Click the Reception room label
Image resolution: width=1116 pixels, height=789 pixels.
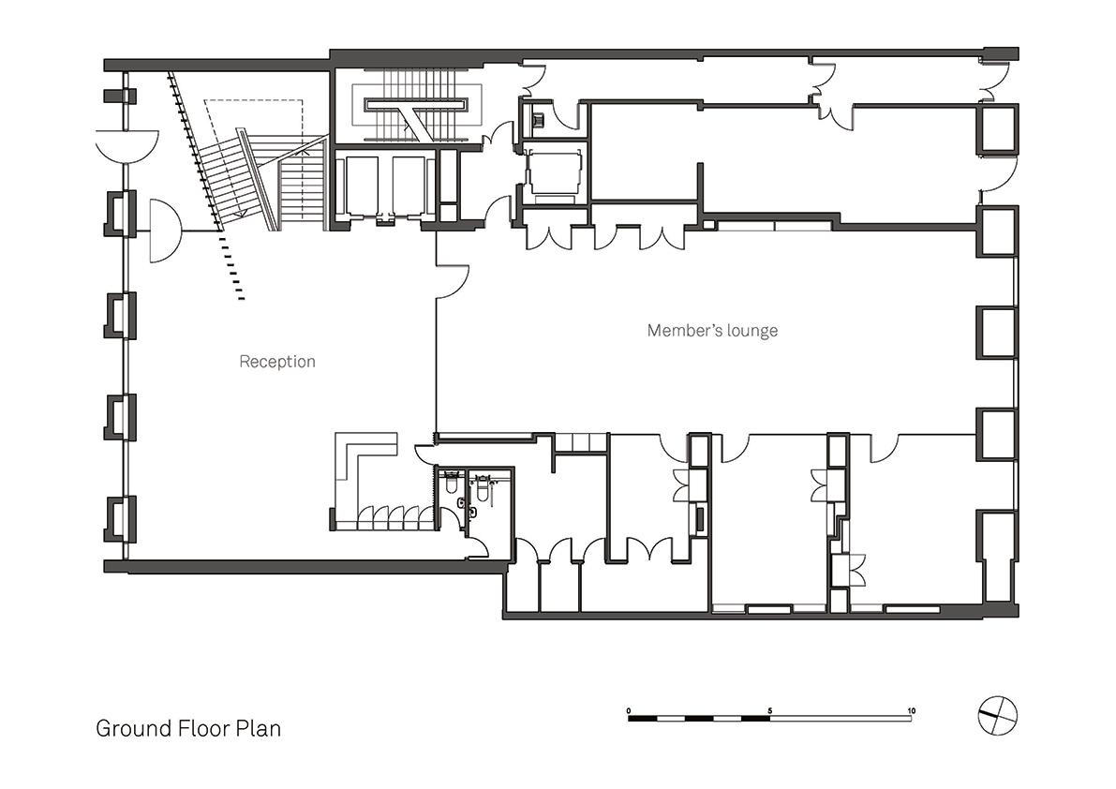tap(276, 362)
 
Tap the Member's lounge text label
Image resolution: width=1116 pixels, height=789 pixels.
tap(712, 330)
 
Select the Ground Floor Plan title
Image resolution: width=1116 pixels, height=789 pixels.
tap(188, 728)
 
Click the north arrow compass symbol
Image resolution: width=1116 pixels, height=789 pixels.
tap(998, 714)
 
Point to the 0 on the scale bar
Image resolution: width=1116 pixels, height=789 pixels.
tap(629, 710)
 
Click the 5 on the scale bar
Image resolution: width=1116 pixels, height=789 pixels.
tap(770, 710)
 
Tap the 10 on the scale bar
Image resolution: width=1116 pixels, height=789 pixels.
tap(911, 710)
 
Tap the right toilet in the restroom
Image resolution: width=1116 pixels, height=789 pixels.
tap(482, 489)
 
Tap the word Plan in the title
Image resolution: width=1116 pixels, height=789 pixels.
tap(259, 728)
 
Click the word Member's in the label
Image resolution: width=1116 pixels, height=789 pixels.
tap(679, 330)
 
